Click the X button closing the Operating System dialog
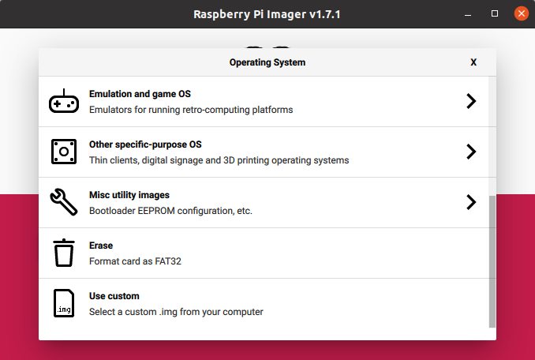pyautogui.click(x=473, y=62)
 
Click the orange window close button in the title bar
pyautogui.click(x=521, y=13)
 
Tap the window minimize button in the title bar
pyautogui.click(x=470, y=13)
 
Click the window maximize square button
pyautogui.click(x=495, y=13)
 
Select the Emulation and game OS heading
pyautogui.click(x=140, y=94)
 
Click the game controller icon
pyautogui.click(x=64, y=102)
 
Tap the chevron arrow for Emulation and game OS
pyautogui.click(x=471, y=101)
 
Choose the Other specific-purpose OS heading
pyautogui.click(x=145, y=144)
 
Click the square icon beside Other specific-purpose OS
pyautogui.click(x=64, y=152)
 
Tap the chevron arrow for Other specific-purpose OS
pyautogui.click(x=471, y=152)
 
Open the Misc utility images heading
pyautogui.click(x=129, y=195)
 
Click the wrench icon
pyautogui.click(x=64, y=202)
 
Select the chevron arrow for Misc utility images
pyautogui.click(x=471, y=202)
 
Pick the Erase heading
pyautogui.click(x=101, y=246)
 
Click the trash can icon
pyautogui.click(x=64, y=253)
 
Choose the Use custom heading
pyautogui.click(x=114, y=296)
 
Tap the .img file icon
pyautogui.click(x=64, y=303)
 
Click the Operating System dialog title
pyautogui.click(x=267, y=62)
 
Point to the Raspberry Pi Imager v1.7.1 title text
pyautogui.click(x=267, y=13)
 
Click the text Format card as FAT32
pyautogui.click(x=136, y=261)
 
